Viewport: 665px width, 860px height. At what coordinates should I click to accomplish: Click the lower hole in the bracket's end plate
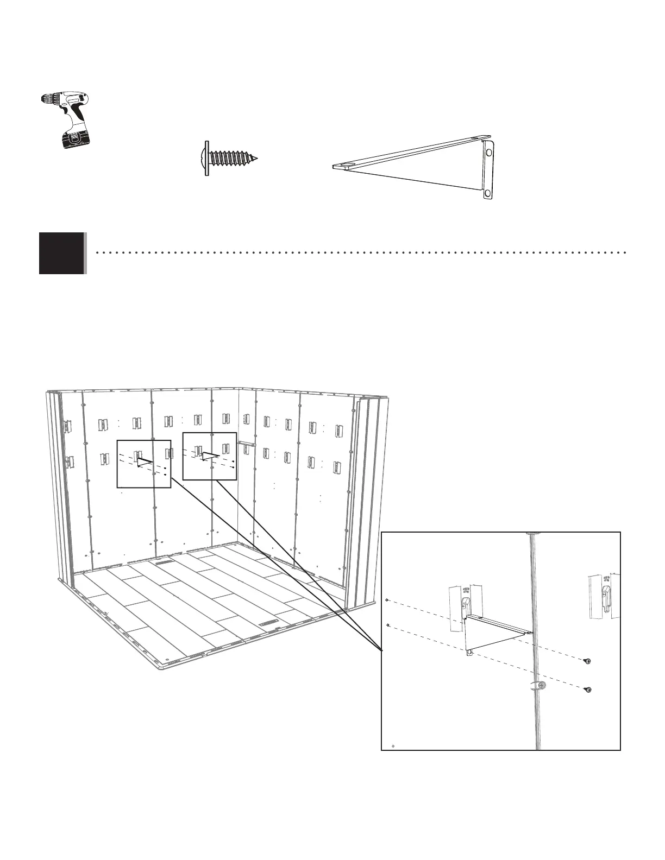point(487,193)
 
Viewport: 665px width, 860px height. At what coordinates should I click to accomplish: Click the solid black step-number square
point(62,253)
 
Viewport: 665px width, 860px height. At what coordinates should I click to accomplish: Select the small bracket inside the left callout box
point(145,463)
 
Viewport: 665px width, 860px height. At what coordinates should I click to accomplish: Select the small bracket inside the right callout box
point(210,456)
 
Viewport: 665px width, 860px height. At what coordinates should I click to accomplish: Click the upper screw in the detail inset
point(587,661)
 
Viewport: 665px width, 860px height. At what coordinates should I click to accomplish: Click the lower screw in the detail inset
point(587,690)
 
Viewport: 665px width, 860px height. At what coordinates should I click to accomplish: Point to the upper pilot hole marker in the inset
point(386,600)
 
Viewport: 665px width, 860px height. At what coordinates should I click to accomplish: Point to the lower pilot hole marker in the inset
point(387,625)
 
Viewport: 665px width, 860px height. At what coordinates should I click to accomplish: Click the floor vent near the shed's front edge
point(268,624)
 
